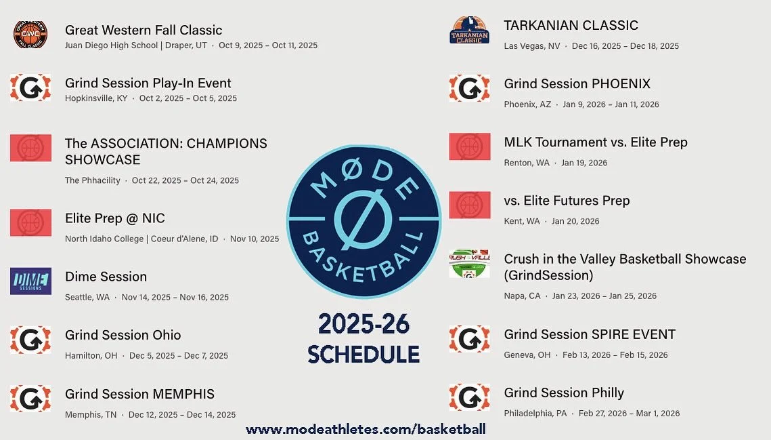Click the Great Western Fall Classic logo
(x=30, y=35)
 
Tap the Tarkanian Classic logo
(x=469, y=31)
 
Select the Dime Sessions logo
(x=30, y=281)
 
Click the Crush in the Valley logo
(x=469, y=264)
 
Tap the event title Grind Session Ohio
(x=123, y=335)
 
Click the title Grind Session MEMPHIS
(x=139, y=394)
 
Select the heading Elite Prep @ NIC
(x=114, y=218)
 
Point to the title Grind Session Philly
(x=564, y=393)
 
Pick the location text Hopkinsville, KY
(x=95, y=98)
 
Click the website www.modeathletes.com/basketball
(x=366, y=429)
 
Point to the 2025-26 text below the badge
(x=364, y=325)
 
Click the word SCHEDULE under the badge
(x=364, y=354)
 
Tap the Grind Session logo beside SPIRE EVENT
(x=469, y=339)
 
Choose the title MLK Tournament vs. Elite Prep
(x=595, y=142)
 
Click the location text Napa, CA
(x=522, y=296)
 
